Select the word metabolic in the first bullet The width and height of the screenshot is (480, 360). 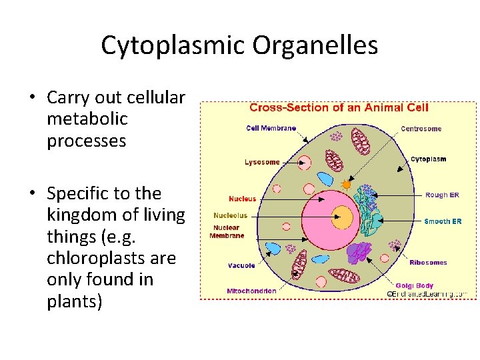87,119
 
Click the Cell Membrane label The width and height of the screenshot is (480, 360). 271,129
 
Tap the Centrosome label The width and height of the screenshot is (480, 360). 421,129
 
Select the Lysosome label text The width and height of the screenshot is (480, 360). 262,162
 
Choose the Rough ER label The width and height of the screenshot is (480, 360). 442,195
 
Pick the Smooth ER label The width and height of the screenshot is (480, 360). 443,221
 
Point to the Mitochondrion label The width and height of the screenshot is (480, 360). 251,291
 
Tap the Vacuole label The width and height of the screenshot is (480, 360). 241,265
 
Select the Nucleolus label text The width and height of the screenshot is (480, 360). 230,215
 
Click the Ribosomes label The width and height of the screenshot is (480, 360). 428,263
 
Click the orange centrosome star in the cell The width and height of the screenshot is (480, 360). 346,183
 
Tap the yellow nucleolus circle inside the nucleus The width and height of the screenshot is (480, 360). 343,216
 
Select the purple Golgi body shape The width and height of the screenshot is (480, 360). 359,252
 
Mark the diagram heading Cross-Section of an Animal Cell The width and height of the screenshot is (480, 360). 339,107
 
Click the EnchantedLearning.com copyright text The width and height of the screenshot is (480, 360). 427,293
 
